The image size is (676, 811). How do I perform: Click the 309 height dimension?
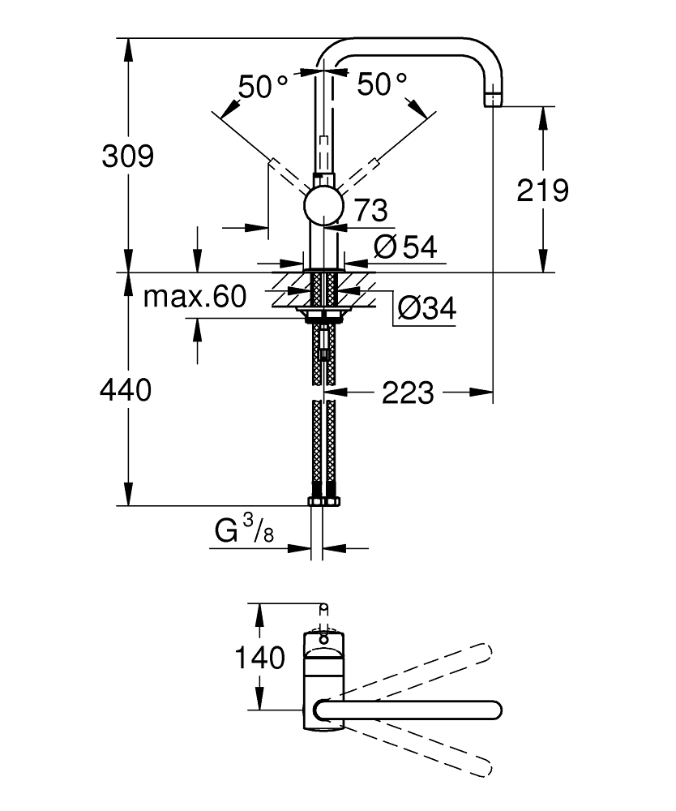click(127, 156)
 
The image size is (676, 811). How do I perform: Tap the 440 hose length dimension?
click(126, 391)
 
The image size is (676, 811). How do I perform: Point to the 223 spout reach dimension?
click(408, 393)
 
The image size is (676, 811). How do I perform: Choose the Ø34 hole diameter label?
click(426, 308)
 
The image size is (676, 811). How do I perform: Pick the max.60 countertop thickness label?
click(195, 298)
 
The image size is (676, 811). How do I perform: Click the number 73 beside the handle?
click(370, 211)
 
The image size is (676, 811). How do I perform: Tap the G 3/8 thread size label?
click(244, 532)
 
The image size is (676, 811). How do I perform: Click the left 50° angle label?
click(261, 86)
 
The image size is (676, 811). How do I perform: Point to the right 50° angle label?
click(381, 84)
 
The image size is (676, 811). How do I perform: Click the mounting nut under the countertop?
click(324, 313)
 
